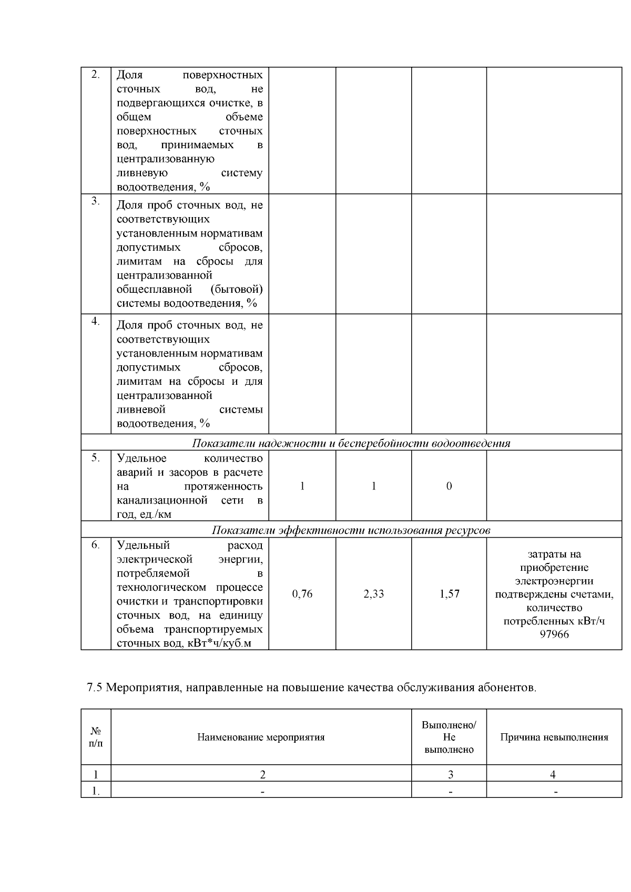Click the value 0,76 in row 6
[x=302, y=594]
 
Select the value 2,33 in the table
[x=373, y=594]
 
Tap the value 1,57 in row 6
[x=449, y=594]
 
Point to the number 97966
[x=554, y=634]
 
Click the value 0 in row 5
[x=449, y=486]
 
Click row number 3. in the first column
[x=95, y=201]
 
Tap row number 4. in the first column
[x=95, y=321]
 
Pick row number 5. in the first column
[x=95, y=457]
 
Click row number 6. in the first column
[x=95, y=545]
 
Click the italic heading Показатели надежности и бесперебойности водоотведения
[x=351, y=443]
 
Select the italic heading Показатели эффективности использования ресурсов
[x=351, y=530]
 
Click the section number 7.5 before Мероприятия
[x=95, y=687]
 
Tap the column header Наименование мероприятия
[x=261, y=737]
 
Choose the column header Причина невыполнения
[x=554, y=737]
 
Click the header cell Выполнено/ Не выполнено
[x=449, y=737]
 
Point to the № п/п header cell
[x=96, y=737]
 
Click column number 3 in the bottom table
[x=450, y=774]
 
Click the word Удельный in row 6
[x=143, y=545]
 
